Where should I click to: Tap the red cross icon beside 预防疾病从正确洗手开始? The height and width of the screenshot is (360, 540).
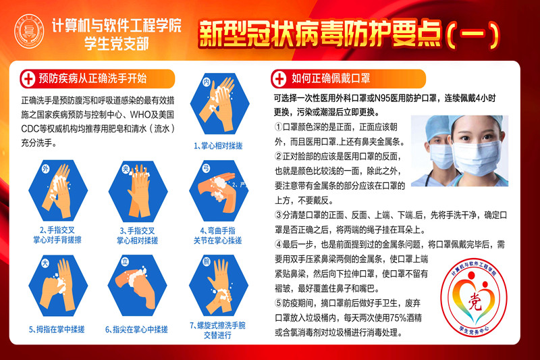(x=28, y=78)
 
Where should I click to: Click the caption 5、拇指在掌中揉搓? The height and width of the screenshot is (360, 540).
(x=61, y=330)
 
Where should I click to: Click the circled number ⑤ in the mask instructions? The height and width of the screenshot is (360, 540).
(x=279, y=302)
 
